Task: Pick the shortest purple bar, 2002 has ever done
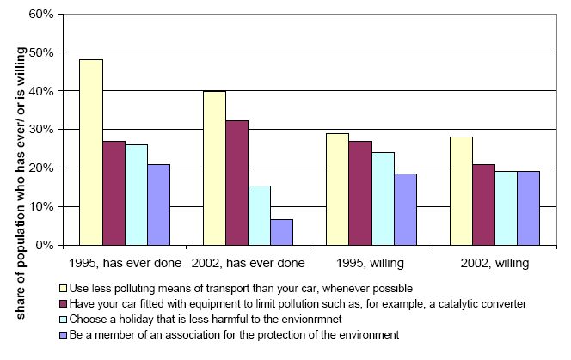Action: (281, 232)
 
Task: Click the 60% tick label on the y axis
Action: (40, 15)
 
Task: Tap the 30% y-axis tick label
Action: (40, 130)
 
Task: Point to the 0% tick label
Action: (44, 245)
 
